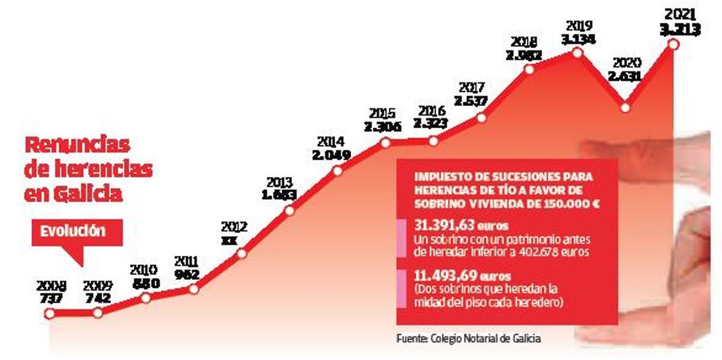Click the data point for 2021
point(673,44)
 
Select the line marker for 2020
point(625,108)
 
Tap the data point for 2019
point(577,53)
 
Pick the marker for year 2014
point(337,170)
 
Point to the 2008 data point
point(50,313)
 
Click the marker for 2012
point(241,253)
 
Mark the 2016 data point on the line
point(433,141)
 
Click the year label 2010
point(144,270)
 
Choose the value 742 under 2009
point(97,299)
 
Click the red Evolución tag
point(72,231)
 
